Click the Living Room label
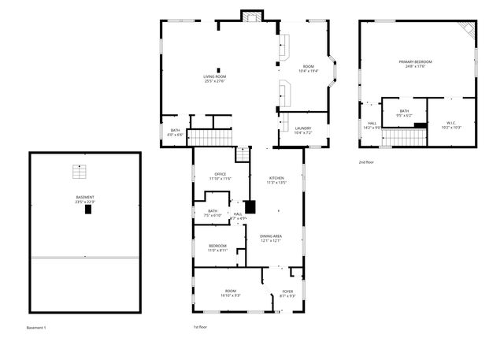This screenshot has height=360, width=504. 214,77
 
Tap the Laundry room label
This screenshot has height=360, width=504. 303,130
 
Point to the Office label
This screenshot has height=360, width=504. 220,176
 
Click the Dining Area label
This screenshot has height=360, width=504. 272,238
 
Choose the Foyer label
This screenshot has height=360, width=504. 288,293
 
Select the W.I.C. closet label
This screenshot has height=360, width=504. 451,124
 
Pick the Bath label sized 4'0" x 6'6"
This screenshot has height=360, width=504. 175,132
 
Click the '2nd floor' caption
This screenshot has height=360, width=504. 366,162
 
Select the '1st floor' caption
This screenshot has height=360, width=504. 200,326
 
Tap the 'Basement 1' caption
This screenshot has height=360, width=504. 36,326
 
